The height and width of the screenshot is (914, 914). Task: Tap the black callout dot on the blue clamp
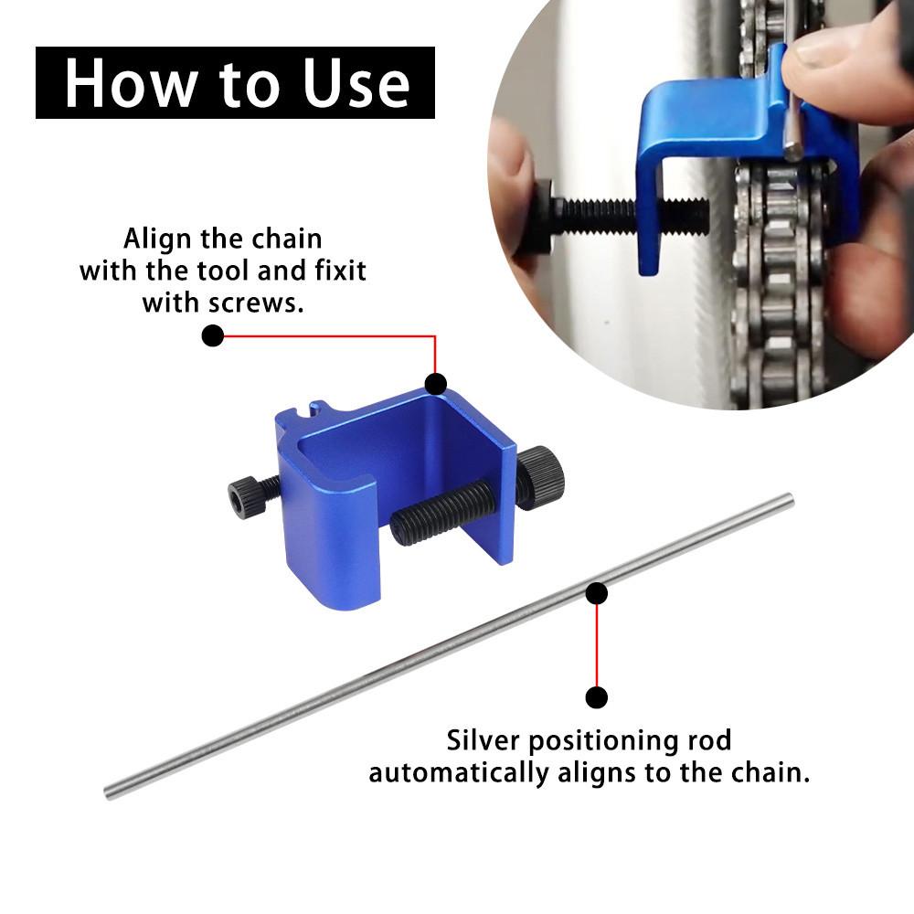coord(435,383)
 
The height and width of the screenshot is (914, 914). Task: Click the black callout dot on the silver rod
coord(597,594)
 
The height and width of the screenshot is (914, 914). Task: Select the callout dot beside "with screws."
coord(212,336)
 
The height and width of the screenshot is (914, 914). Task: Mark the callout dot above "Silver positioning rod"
coord(597,698)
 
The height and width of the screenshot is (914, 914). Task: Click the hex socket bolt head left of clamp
coord(244,497)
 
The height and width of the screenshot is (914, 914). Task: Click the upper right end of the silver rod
coord(788,499)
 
